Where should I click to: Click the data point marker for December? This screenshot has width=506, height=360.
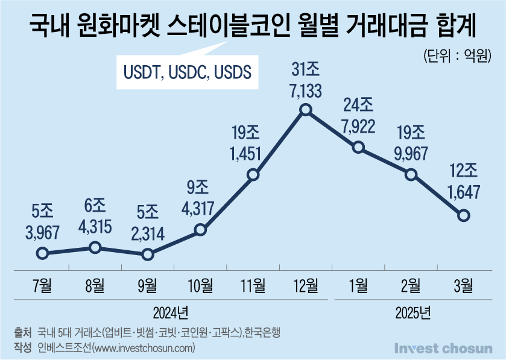(306, 110)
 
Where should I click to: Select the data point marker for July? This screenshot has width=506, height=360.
(43, 253)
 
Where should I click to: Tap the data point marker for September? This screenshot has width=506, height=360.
(148, 254)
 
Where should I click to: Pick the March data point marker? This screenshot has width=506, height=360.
(464, 215)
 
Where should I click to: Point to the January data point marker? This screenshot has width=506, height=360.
(358, 147)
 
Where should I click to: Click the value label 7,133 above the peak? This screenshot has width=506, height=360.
(306, 90)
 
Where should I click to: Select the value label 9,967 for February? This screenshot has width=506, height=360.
(411, 154)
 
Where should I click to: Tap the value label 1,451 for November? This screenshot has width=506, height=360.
(245, 154)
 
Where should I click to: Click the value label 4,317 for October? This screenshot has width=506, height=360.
(198, 209)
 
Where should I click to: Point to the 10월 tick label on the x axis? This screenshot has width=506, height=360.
(200, 285)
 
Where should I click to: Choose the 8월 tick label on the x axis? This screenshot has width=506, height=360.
(95, 285)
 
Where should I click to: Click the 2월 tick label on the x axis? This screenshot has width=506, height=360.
(411, 285)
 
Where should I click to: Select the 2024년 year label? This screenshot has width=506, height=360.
(171, 312)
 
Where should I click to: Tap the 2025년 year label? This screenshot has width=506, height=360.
(413, 312)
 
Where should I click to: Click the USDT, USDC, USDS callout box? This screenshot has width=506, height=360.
(188, 72)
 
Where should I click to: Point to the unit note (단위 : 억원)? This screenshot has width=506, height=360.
(458, 56)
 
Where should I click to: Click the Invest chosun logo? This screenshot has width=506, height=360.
(443, 349)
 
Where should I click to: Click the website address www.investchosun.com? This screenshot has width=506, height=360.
(144, 348)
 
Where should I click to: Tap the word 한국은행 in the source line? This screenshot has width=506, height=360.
(262, 332)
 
